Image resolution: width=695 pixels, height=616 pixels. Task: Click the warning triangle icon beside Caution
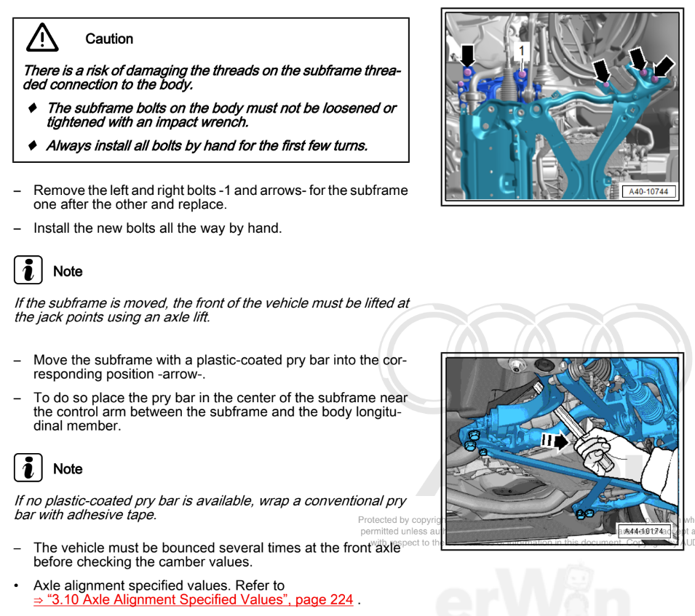click(42, 38)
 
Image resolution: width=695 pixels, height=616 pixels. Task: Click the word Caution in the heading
click(109, 39)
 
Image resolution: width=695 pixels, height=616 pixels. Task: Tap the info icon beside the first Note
click(28, 271)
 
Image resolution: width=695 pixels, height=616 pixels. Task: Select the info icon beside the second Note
click(28, 468)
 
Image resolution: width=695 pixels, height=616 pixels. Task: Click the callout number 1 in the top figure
click(521, 50)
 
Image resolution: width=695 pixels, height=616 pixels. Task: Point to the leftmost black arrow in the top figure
click(467, 54)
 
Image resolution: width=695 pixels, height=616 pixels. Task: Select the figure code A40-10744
click(648, 192)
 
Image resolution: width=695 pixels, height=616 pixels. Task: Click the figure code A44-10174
click(643, 531)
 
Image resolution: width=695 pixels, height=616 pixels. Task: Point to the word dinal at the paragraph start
click(49, 425)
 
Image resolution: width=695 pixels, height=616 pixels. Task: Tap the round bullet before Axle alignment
click(17, 585)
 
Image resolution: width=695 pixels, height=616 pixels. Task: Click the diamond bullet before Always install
click(32, 145)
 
